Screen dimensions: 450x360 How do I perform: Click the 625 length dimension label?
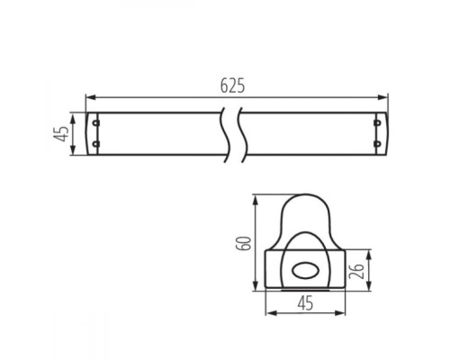(x=232, y=85)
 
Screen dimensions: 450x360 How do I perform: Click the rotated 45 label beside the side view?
(x=61, y=134)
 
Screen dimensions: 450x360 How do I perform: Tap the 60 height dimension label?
(x=243, y=243)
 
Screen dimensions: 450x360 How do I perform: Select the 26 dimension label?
(x=356, y=271)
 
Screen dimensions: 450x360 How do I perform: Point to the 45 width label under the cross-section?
(x=305, y=302)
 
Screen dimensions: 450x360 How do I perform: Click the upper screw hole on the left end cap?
(x=95, y=122)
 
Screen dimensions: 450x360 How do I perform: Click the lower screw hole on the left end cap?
(x=95, y=144)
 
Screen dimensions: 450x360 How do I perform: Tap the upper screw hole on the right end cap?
(x=377, y=122)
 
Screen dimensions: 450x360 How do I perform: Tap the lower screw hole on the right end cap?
(x=377, y=144)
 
